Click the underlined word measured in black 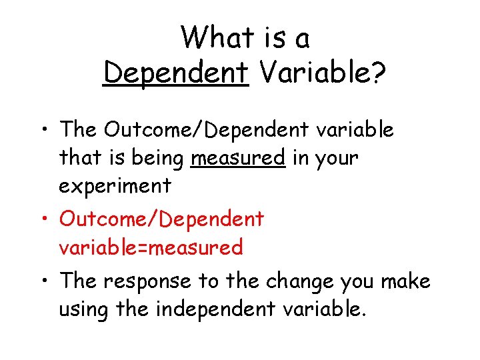[237, 159]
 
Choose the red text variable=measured [151, 248]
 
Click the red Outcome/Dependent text [162, 219]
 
